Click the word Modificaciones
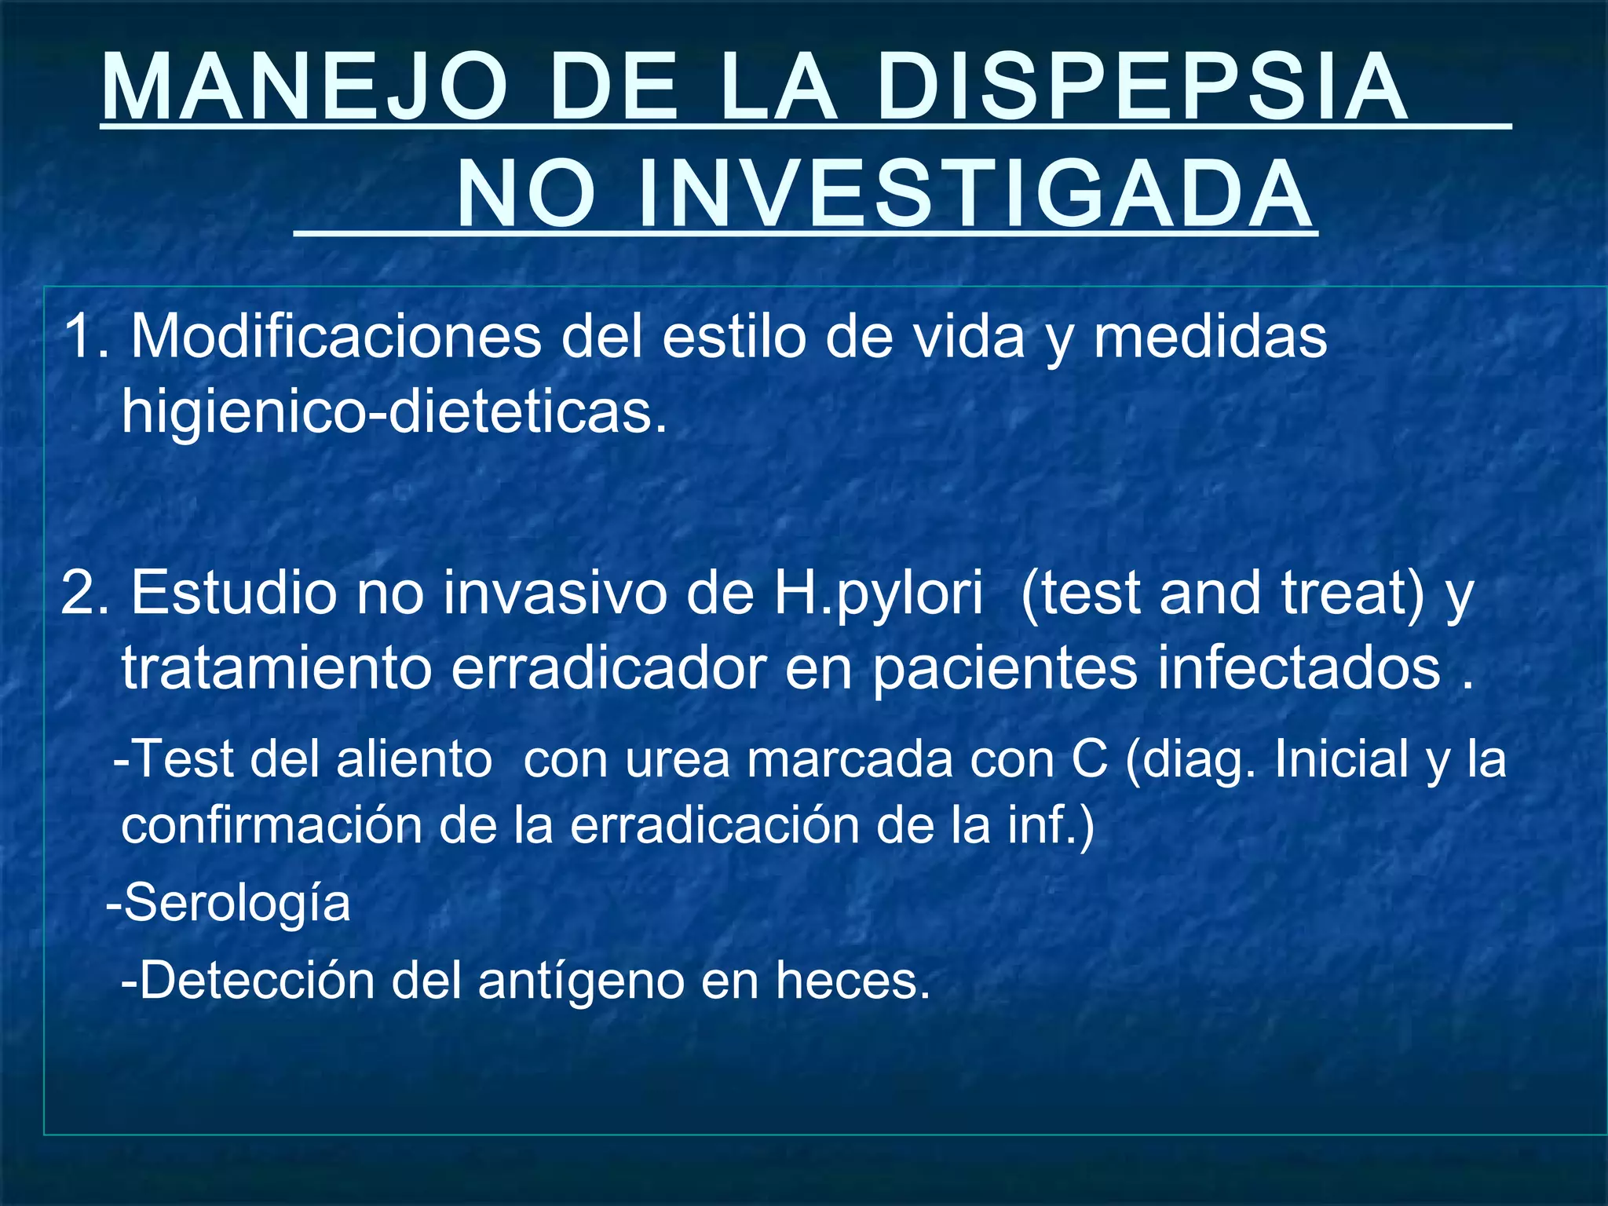tap(336, 336)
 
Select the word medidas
tap(1210, 336)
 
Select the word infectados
tap(1299, 669)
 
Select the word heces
tap(853, 981)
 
